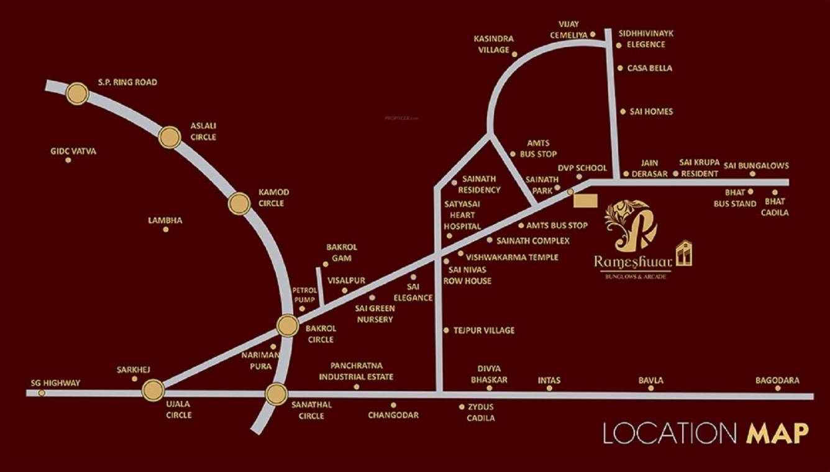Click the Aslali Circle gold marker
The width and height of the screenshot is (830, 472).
(x=170, y=137)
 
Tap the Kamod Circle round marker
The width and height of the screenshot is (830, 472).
(x=239, y=204)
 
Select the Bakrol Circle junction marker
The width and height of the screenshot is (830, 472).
(x=288, y=325)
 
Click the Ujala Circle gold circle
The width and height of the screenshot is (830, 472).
(x=153, y=390)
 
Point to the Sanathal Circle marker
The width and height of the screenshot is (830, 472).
(x=276, y=394)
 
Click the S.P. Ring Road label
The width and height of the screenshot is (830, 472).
(x=127, y=82)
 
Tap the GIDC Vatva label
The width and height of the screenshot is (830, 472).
(x=73, y=151)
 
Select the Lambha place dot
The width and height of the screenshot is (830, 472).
(x=166, y=229)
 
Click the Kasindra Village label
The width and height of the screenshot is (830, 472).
(x=494, y=44)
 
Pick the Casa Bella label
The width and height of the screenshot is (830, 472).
(x=650, y=68)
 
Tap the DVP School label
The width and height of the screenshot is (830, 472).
(x=582, y=168)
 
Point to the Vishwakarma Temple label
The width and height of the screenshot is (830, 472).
(x=512, y=257)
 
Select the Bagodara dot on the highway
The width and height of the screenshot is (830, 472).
(x=778, y=388)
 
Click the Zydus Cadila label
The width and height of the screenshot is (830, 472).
(x=481, y=412)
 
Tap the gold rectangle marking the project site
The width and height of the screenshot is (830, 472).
(x=585, y=201)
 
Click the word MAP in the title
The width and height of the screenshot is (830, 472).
(x=777, y=433)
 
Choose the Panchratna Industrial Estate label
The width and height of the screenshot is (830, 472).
(x=356, y=371)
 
